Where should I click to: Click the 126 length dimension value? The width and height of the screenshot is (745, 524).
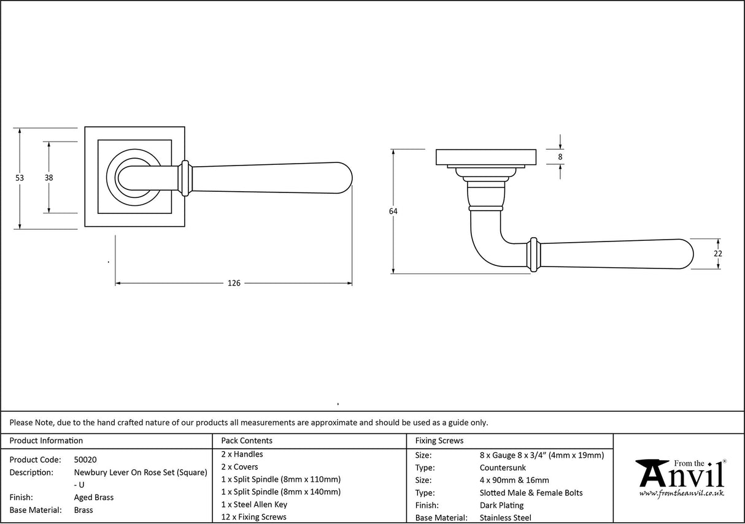[x=234, y=283]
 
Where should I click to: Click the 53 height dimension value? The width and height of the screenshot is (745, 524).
[x=20, y=178]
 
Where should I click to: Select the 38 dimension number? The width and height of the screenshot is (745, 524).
[x=48, y=178]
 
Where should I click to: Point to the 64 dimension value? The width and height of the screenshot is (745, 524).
[x=393, y=211]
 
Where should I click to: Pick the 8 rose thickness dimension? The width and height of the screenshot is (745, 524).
[x=560, y=157]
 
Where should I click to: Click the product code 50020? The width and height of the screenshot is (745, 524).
[x=85, y=460]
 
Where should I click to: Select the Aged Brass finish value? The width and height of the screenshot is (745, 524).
[x=93, y=498]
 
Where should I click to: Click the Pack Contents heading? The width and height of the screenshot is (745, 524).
[x=247, y=441]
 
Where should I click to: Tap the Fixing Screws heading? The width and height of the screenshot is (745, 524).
[x=439, y=441]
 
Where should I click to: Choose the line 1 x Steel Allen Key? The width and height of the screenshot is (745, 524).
[x=254, y=504]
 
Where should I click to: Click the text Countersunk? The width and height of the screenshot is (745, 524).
[x=503, y=468]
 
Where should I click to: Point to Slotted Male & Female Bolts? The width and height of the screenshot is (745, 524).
[x=531, y=493]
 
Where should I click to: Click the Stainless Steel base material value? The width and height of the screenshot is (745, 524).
[x=505, y=518]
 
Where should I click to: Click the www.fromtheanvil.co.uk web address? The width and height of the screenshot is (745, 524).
[x=681, y=493]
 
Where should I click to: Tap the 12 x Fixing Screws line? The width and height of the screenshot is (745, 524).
[x=253, y=517]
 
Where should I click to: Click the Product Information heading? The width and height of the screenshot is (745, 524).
[x=47, y=441]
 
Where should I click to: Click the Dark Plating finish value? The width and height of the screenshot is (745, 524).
[x=501, y=506]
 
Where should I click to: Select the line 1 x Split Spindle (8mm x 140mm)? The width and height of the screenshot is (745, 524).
[x=280, y=492]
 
